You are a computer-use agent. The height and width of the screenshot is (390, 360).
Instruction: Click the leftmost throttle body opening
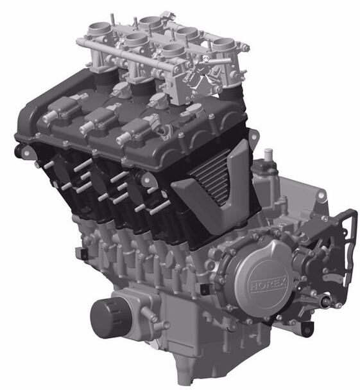pos(99,29)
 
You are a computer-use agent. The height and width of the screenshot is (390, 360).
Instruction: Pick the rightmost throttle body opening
pos(223,44)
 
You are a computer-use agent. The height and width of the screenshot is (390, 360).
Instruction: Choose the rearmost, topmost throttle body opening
pos(151,21)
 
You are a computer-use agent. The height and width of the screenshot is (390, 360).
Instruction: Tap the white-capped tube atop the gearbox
pos(268,155)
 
